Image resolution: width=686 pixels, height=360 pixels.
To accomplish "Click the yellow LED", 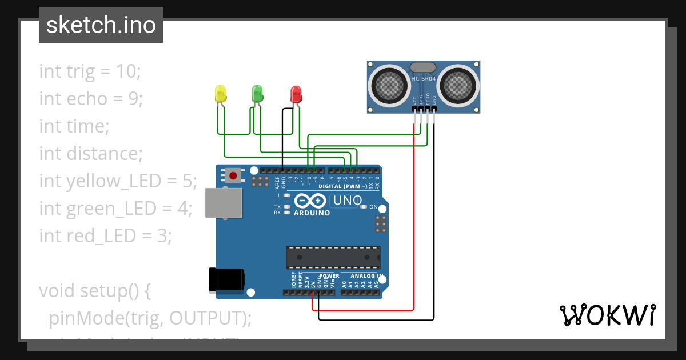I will (x=220, y=94).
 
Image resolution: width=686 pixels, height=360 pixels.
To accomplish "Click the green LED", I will (x=257, y=93).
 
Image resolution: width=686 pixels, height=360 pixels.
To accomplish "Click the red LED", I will (x=296, y=94).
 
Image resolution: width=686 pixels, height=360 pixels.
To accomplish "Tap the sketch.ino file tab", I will (x=101, y=25).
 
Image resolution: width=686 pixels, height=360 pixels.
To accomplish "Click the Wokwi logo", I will (x=607, y=315).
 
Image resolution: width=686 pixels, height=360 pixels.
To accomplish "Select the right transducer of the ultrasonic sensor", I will (x=457, y=86).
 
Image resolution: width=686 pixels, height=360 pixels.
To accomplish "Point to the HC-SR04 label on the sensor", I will (x=423, y=78).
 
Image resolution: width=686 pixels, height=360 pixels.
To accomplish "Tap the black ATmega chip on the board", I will (x=333, y=257).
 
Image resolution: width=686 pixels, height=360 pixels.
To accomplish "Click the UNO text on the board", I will (x=348, y=201).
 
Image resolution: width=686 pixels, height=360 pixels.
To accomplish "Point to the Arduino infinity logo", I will (x=311, y=201).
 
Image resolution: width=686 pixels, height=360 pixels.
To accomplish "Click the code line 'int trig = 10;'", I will (x=90, y=71).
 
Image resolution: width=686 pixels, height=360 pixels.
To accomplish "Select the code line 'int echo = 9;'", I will (x=90, y=99).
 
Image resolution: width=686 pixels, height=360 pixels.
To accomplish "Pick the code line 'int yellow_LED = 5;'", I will (x=118, y=181).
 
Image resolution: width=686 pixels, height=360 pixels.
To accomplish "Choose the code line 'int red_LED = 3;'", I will (x=105, y=235).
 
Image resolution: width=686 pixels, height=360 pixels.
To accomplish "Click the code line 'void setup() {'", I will (x=94, y=290).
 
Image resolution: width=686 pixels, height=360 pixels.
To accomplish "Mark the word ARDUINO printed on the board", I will (x=312, y=213).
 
